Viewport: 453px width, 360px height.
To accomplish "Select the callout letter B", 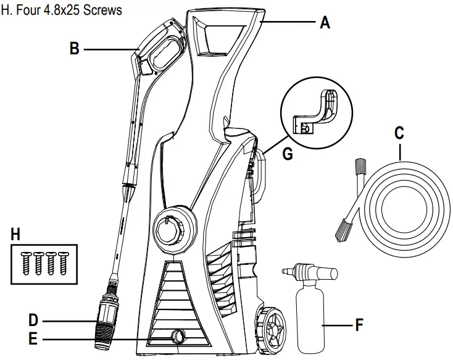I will click(x=75, y=48).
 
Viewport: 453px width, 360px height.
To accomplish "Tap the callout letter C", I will click(x=399, y=133).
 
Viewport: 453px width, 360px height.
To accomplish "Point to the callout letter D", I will click(x=33, y=320).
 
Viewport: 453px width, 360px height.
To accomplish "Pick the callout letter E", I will click(x=33, y=338).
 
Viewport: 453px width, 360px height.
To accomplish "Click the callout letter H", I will click(x=17, y=233).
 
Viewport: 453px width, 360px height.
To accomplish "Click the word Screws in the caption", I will click(x=86, y=10).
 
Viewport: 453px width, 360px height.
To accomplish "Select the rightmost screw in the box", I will click(x=64, y=261).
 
